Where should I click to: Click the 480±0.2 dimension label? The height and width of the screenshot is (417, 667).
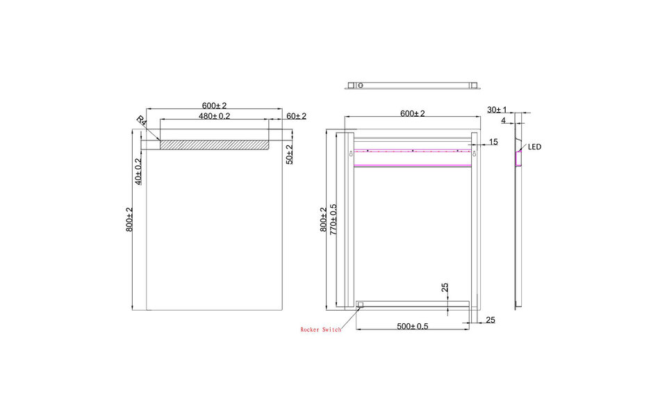coord(214,116)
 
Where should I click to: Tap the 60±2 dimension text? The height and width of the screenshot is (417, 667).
coord(295,116)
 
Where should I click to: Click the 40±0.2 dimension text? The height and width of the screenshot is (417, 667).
coord(138,171)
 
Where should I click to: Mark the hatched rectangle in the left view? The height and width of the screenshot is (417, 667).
coord(213,145)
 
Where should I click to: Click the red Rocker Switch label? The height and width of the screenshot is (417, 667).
coord(320,330)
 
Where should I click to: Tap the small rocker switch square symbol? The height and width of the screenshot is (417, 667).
coord(360,304)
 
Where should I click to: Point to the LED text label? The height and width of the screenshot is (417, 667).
coord(534,147)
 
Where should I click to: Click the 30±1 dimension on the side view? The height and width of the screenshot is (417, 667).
coord(497,110)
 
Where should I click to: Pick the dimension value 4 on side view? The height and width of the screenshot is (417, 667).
coord(502,121)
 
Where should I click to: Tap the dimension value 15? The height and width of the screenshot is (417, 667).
coord(493,142)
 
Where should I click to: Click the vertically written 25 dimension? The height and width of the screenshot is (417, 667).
coord(444,288)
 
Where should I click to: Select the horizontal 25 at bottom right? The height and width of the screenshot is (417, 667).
coord(491,320)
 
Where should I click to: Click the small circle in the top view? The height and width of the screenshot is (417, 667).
coord(360,85)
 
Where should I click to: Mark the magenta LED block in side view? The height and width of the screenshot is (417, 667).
coord(518,159)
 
